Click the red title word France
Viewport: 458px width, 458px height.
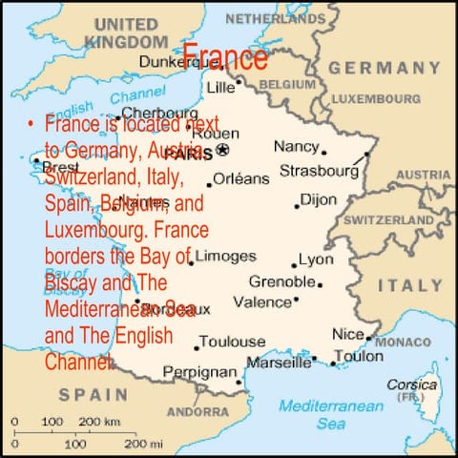point(224,57)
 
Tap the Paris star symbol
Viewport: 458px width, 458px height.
point(223,150)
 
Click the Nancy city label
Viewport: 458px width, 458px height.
point(296,146)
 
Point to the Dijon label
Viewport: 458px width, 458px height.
point(318,199)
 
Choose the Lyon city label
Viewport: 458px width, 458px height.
point(316,260)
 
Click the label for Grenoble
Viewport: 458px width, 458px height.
point(282,281)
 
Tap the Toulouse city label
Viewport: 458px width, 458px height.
point(234,342)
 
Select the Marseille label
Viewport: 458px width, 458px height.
point(279,362)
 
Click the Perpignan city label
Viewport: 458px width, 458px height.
point(199,371)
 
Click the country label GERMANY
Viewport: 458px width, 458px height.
point(385,68)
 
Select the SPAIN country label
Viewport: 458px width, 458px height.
point(93,393)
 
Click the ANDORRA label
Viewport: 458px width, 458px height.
point(197,412)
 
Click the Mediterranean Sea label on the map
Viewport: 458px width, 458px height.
point(331,414)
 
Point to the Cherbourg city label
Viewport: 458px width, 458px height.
point(154,112)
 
